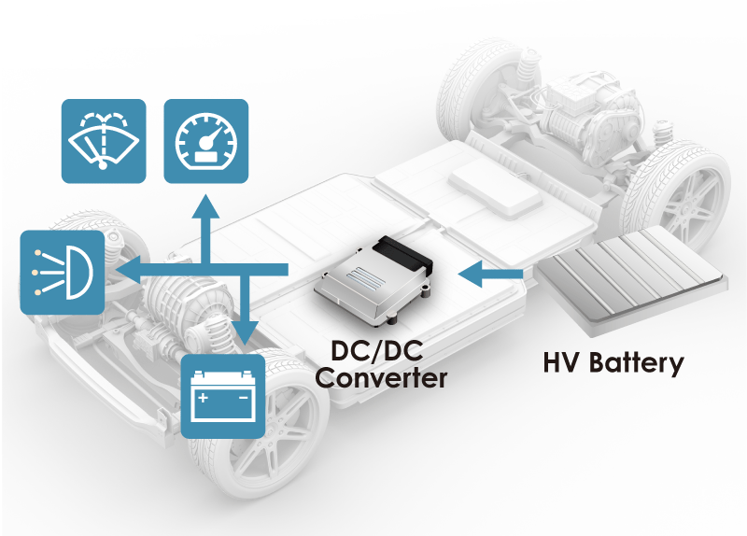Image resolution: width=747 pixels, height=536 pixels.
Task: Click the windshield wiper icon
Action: click(104, 141)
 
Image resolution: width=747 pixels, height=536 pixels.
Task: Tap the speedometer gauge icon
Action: click(206, 141)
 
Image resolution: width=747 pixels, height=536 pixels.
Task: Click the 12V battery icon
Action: click(222, 396)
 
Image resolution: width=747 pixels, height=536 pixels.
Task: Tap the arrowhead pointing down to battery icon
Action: click(246, 335)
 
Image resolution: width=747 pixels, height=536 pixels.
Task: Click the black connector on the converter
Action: click(403, 250)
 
